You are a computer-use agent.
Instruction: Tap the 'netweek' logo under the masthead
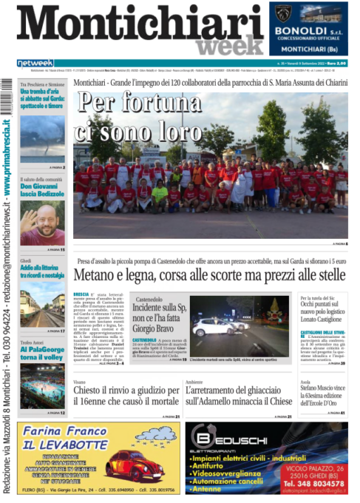pos(35,63)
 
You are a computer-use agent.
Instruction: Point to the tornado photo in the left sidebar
pos(42,138)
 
